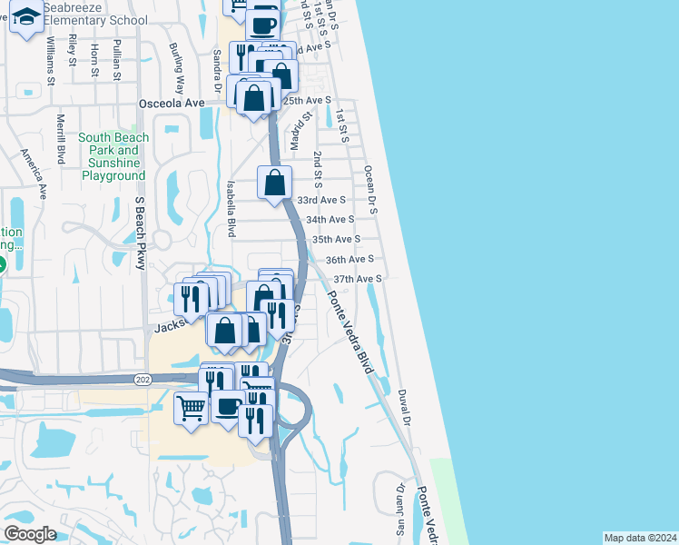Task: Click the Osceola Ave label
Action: pos(172,104)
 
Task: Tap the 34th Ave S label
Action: pos(330,220)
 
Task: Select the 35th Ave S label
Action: pos(336,239)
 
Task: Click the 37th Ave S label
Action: pos(359,279)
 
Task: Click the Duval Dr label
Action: pos(405,408)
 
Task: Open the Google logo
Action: pos(30,534)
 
